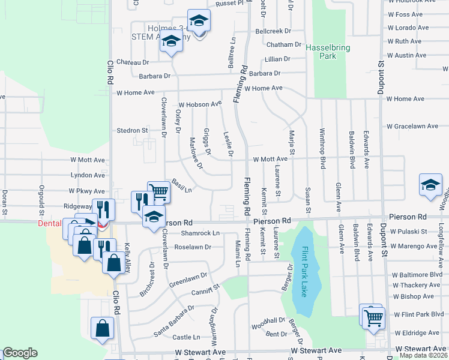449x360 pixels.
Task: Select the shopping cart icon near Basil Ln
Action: coord(158,192)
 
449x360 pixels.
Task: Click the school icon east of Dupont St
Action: coord(430,185)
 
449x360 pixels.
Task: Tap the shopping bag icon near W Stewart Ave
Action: coord(102,328)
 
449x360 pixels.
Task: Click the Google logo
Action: coord(20,353)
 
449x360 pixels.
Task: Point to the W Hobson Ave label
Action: coord(200,103)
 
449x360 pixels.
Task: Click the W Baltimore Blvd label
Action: coord(418,274)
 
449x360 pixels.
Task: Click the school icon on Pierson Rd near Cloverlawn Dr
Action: coord(154,217)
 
